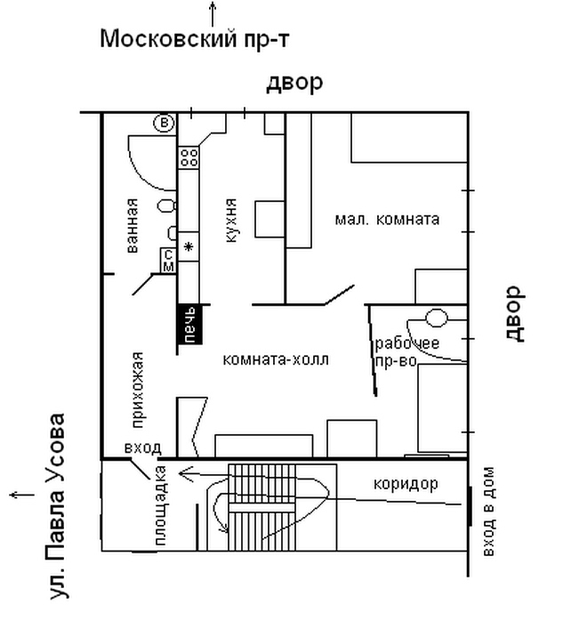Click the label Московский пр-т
coord(195,39)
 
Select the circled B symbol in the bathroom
coord(164,123)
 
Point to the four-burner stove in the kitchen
coord(189,157)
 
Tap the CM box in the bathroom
coord(168,260)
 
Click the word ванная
coord(133,225)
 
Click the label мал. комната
coord(387,219)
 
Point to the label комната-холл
coord(276,360)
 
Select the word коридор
coord(401,485)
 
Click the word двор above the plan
coord(294,83)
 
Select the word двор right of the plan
coord(511,313)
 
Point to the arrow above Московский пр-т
coord(213,13)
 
